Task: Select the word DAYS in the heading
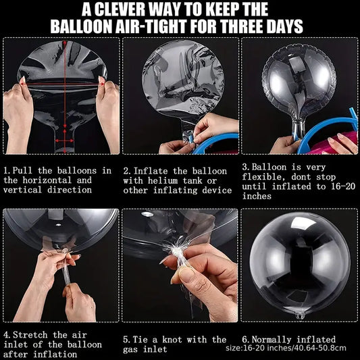click(x=284, y=26)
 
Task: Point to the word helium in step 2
click(x=163, y=181)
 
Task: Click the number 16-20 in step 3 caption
click(x=343, y=186)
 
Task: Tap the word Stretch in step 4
click(x=30, y=335)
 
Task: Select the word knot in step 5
click(x=172, y=340)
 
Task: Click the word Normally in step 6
click(x=272, y=339)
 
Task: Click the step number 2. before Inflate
click(x=127, y=171)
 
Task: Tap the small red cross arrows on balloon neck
click(x=65, y=140)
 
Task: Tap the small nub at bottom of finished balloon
click(x=300, y=316)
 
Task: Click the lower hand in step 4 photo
click(x=80, y=303)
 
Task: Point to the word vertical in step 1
click(x=22, y=190)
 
